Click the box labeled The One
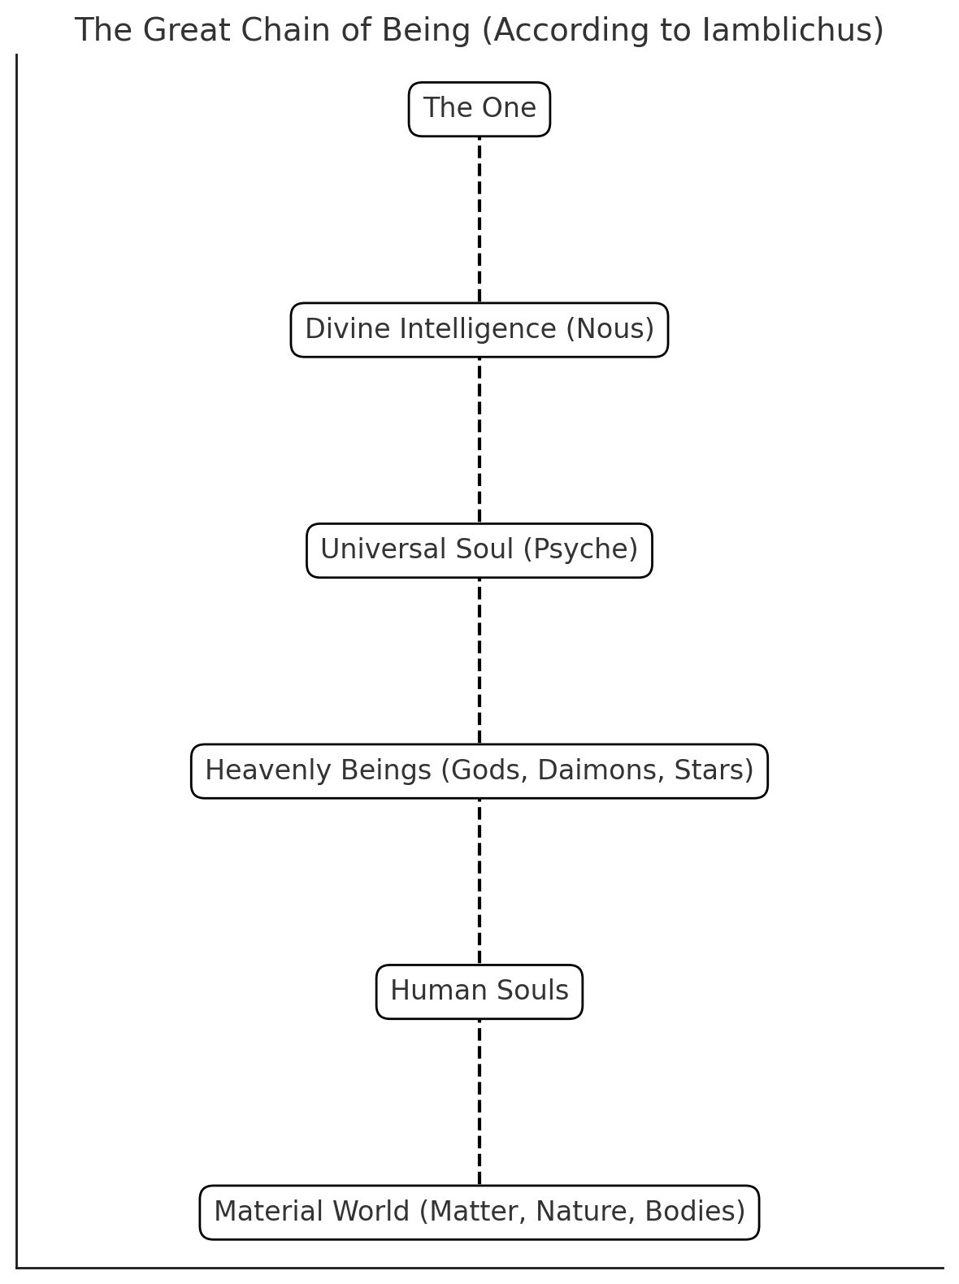click(x=479, y=109)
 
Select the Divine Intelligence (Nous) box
click(x=479, y=330)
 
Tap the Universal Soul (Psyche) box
click(x=479, y=550)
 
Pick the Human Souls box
click(x=479, y=991)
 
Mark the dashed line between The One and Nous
click(x=479, y=219)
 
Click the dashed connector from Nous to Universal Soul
click(x=479, y=440)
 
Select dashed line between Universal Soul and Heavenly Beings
click(x=479, y=661)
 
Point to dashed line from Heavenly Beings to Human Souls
click(x=479, y=882)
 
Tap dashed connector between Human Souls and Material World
click(x=479, y=1102)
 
